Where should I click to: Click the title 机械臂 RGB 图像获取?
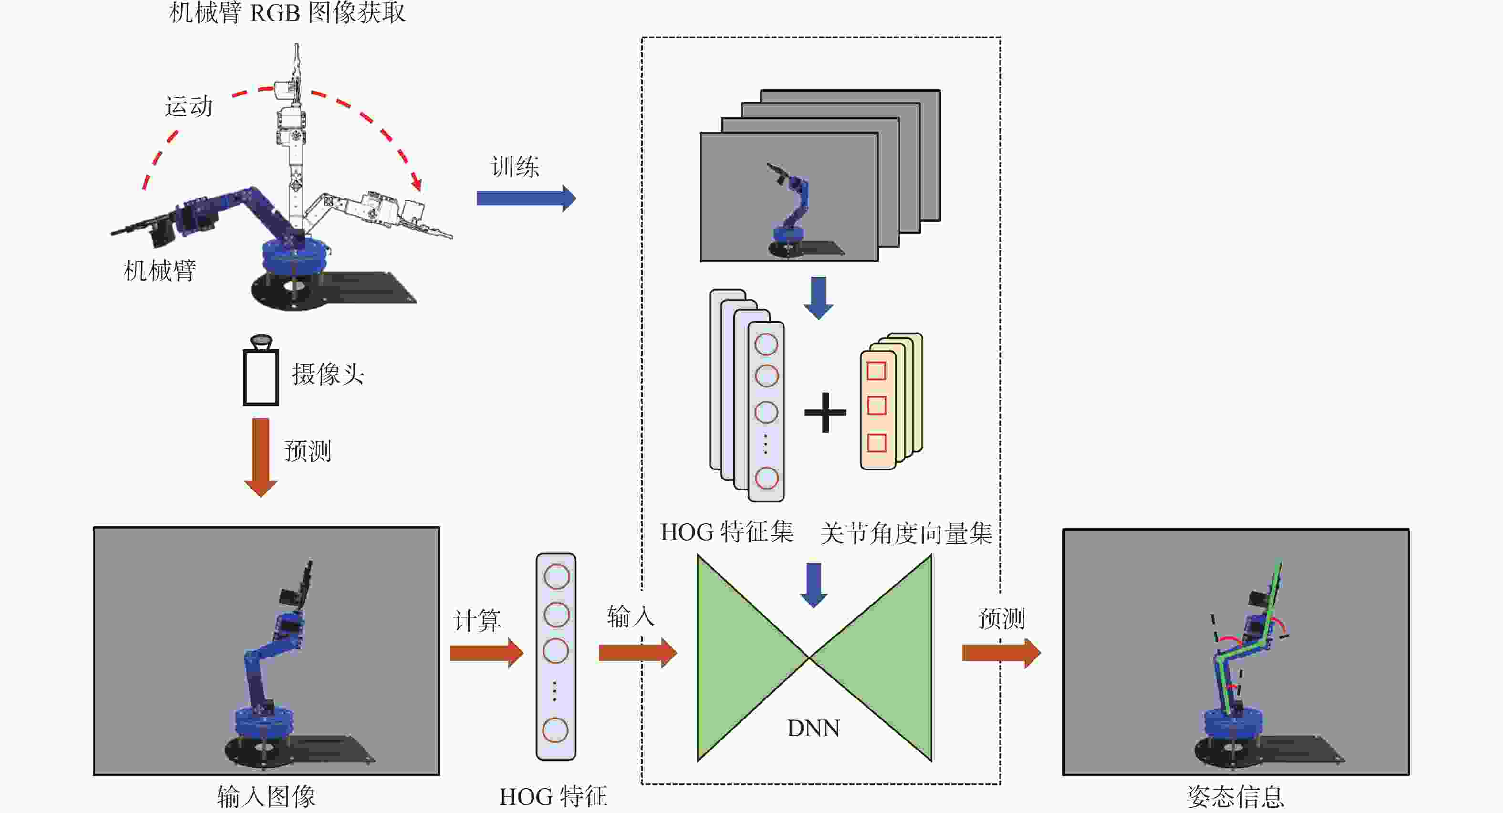[x=287, y=13]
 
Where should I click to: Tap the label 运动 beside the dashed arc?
[x=188, y=107]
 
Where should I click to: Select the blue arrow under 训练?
[x=526, y=198]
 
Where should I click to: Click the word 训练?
[x=515, y=167]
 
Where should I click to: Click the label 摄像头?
[x=328, y=374]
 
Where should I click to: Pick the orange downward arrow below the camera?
[x=260, y=458]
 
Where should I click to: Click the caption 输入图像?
[x=266, y=797]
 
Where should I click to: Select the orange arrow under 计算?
[x=487, y=653]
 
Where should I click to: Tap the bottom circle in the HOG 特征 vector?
[x=555, y=730]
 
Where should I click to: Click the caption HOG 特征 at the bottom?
[x=553, y=797]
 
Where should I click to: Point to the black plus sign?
[x=825, y=413]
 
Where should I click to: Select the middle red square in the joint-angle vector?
[x=877, y=406]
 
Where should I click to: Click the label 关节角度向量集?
[x=906, y=533]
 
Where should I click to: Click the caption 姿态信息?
[x=1235, y=797]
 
